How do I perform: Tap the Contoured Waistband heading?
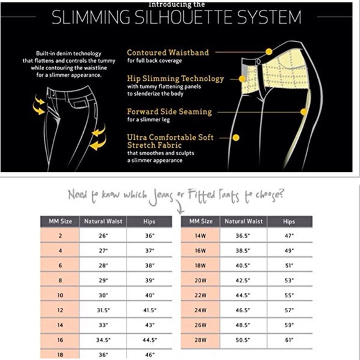pos(168,53)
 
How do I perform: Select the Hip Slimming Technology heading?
pos(176,79)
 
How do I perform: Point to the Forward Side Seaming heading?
pos(169,112)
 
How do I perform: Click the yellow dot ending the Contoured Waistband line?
pos(269,52)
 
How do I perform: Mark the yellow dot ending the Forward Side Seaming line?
pos(304,112)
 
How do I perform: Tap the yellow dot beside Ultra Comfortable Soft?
pos(236,138)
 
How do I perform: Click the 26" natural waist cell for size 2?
pos(103,236)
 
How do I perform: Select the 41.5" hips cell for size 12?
pos(150,310)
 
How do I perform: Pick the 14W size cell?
pos(200,236)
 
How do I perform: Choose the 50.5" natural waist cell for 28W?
pos(243,340)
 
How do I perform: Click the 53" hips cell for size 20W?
pos(289,281)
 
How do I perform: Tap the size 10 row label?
pos(60,295)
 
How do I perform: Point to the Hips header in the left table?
pos(149,222)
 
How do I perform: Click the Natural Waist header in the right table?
pos(243,222)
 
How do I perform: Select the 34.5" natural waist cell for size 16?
pos(103,340)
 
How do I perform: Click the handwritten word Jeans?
pos(161,197)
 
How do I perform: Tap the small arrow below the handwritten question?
pos(180,207)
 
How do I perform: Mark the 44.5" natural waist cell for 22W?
pos(243,295)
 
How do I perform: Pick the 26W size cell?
pos(200,325)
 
